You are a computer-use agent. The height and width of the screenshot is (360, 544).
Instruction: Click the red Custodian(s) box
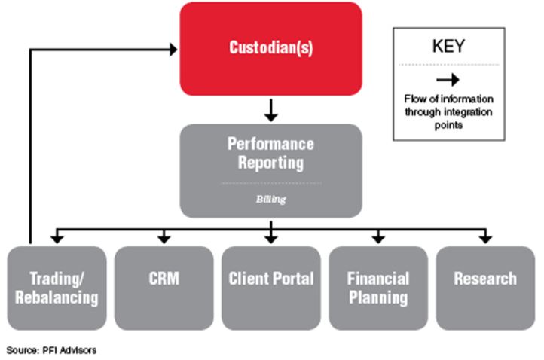click(x=271, y=48)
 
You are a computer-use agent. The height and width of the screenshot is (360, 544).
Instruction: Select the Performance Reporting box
click(x=271, y=171)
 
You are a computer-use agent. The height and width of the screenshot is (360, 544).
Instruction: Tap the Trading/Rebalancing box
click(x=57, y=288)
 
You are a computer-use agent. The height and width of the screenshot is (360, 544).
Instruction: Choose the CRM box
click(x=164, y=288)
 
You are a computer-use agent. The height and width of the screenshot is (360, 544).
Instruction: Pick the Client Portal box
click(x=271, y=288)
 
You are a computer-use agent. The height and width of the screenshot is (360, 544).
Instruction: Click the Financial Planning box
click(x=378, y=288)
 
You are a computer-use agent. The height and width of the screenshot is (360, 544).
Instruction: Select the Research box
click(x=485, y=288)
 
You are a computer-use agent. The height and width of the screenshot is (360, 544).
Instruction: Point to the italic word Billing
click(x=271, y=199)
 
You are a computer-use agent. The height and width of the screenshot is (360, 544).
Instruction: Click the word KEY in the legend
click(x=448, y=46)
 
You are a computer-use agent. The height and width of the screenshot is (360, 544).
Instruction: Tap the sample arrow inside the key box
click(x=448, y=80)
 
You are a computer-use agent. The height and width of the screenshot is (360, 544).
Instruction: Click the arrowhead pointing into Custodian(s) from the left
click(x=173, y=50)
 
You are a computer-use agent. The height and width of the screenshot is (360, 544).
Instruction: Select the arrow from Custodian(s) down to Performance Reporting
click(x=271, y=110)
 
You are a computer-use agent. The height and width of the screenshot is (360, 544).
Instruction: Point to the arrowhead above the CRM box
click(x=164, y=239)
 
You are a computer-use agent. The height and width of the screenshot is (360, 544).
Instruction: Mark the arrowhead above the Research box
click(x=485, y=239)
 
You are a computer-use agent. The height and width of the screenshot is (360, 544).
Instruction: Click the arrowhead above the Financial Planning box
click(x=378, y=239)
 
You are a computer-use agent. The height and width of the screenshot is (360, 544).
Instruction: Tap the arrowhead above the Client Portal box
click(x=271, y=239)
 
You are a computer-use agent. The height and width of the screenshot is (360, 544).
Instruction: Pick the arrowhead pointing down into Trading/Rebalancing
click(x=57, y=239)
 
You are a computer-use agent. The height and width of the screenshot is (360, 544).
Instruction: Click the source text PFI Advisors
click(x=69, y=350)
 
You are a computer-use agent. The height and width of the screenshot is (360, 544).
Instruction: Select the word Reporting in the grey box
click(x=271, y=163)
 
